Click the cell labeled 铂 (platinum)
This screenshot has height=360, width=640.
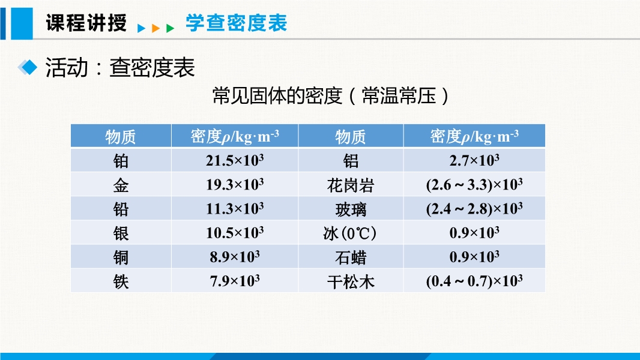tap(121, 161)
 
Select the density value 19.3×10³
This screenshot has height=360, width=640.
tap(235, 184)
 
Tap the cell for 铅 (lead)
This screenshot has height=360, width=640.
tap(121, 209)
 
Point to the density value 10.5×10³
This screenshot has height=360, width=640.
tap(235, 232)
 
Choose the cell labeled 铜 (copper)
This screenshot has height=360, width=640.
tap(121, 257)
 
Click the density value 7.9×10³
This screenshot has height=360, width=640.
tap(235, 281)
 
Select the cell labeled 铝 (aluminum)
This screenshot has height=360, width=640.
tap(351, 161)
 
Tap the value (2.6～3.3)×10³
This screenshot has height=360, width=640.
tap(474, 184)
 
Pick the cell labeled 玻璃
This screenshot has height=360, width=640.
tap(351, 209)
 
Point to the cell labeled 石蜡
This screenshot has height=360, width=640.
tap(351, 257)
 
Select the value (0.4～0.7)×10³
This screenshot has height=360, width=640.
tap(474, 281)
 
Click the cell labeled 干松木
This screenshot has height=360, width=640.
tap(351, 281)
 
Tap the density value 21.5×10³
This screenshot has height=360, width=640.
tap(235, 160)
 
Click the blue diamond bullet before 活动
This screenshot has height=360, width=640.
tap(28, 67)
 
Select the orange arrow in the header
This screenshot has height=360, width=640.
tap(155, 28)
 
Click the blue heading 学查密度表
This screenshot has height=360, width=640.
tap(237, 22)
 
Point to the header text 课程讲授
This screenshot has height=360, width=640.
tap(86, 22)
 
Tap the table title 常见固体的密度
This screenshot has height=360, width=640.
tap(277, 96)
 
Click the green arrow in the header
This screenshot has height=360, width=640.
tap(170, 28)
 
